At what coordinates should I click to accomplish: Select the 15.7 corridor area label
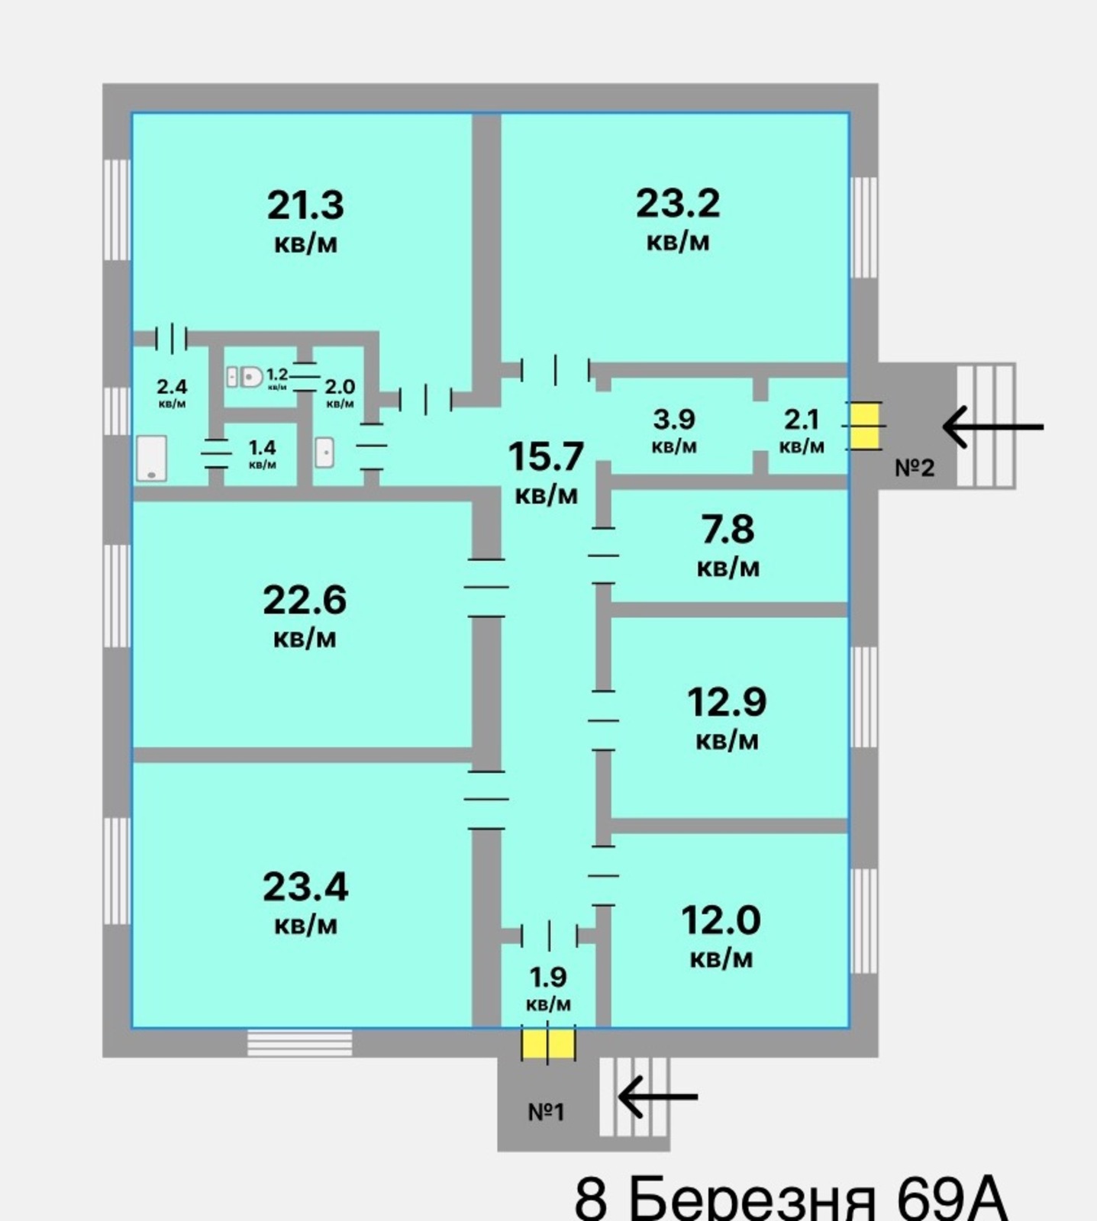547,472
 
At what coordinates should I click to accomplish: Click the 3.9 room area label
674,430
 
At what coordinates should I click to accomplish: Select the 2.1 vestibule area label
802,430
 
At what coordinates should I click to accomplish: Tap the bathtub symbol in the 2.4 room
151,458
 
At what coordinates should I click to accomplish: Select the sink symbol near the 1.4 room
324,453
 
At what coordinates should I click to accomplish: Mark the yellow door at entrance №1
548,1044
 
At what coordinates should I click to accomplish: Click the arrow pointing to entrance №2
993,427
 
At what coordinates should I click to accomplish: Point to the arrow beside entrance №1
657,1097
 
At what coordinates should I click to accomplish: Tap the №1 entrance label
547,1112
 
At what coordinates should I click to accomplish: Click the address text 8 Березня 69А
791,1199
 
